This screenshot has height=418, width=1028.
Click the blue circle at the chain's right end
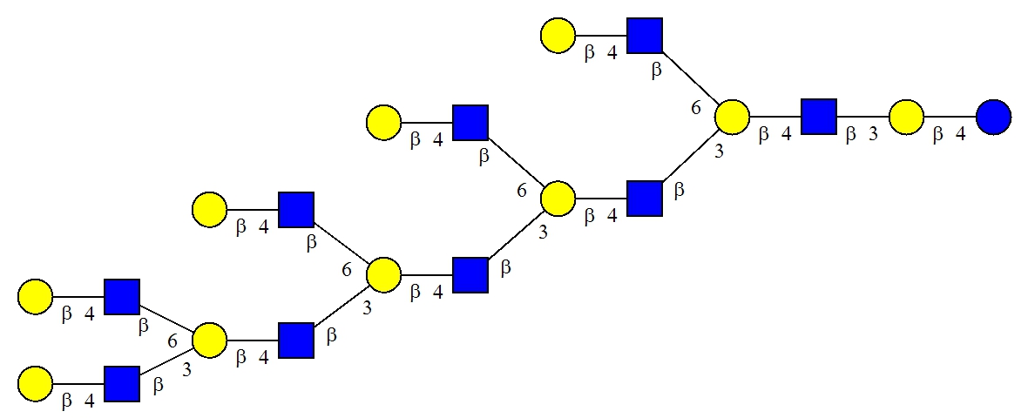click(992, 118)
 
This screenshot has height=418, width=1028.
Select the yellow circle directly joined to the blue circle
click(906, 118)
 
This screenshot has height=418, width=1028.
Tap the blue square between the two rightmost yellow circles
click(819, 118)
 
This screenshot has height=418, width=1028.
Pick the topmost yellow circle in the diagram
click(558, 36)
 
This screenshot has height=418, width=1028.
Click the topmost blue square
click(645, 36)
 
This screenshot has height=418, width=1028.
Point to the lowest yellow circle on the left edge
click(35, 384)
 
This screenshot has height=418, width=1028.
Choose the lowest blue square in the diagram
click(122, 384)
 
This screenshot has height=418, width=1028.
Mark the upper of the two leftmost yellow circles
click(35, 297)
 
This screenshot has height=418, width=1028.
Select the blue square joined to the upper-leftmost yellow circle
click(122, 297)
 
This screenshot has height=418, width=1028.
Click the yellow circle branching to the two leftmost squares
click(209, 340)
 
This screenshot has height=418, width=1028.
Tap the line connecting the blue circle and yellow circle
click(950, 118)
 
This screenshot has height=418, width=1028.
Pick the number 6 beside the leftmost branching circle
click(173, 340)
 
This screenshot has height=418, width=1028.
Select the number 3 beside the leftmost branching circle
click(186, 370)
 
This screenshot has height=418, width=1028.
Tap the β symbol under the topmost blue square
click(656, 71)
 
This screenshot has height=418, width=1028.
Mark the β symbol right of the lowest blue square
click(158, 385)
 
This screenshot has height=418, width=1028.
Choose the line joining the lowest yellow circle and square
click(78, 384)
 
